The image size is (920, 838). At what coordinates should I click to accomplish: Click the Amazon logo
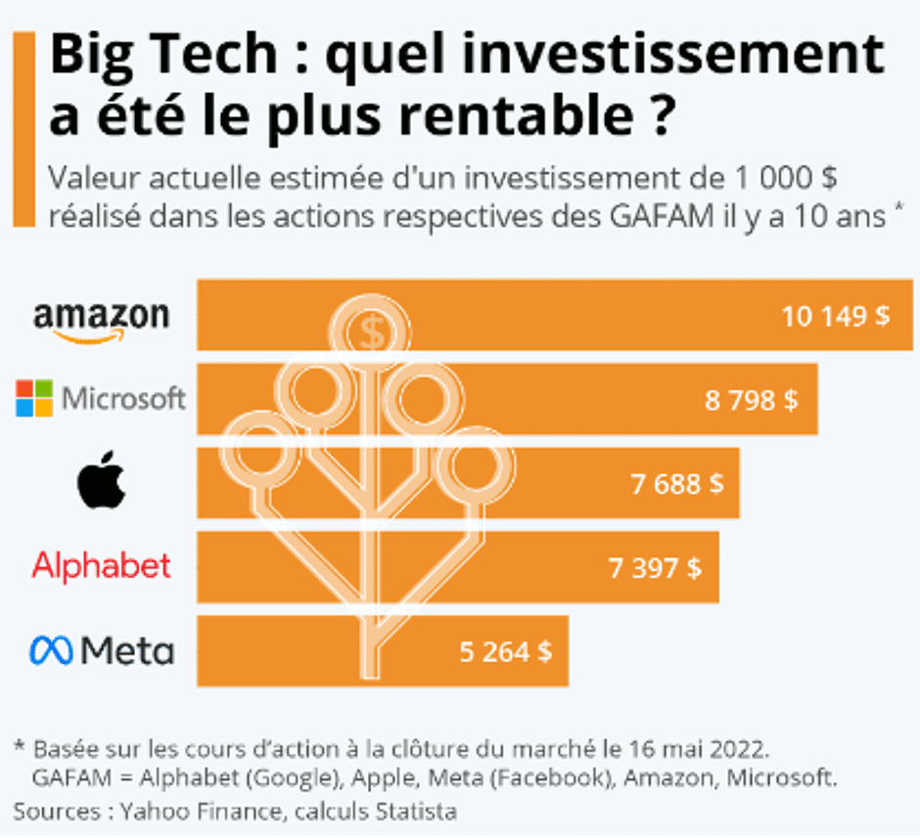point(101,319)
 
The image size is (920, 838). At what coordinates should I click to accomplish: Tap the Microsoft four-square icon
point(34,399)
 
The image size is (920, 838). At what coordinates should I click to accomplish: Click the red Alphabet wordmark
point(102,566)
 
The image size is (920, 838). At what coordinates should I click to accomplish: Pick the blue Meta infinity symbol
point(51,650)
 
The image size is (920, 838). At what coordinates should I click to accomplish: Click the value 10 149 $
point(835,316)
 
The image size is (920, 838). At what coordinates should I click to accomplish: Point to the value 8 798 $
point(751,400)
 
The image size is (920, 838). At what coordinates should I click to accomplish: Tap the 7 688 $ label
point(677,483)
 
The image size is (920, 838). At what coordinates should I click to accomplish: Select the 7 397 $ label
point(655,567)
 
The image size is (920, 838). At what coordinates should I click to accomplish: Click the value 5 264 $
point(505,651)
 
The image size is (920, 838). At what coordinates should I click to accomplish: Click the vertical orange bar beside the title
point(23,128)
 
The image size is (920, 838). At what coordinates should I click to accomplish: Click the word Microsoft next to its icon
point(123,399)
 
